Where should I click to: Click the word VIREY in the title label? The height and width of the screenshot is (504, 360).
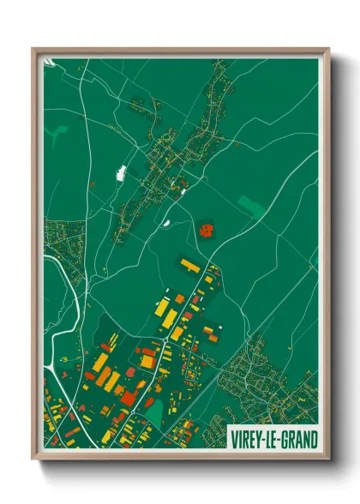point(247,439)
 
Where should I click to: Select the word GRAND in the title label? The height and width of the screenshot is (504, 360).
point(297,439)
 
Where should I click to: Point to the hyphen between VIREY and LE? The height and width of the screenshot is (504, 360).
point(264,439)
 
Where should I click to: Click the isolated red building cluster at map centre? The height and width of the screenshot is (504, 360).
point(207,229)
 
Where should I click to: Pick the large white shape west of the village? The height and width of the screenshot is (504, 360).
point(121,172)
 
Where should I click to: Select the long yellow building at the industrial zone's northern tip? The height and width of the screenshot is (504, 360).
point(189,265)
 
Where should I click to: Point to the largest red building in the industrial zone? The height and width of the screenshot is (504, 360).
point(129,396)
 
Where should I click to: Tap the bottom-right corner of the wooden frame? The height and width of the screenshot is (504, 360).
point(328,462)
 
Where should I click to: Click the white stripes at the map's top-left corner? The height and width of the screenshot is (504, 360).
point(50,63)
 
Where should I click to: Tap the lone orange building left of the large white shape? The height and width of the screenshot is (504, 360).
point(93,183)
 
